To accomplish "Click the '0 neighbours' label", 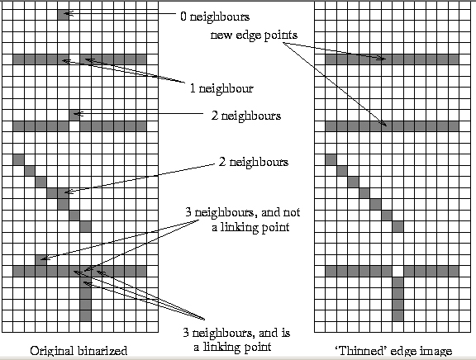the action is click(215, 17).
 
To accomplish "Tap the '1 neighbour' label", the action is click(221, 88).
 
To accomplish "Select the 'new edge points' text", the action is click(254, 36).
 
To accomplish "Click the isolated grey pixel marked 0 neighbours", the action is click(63, 15).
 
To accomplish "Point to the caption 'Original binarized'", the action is click(79, 351).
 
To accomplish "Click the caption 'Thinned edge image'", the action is click(393, 351).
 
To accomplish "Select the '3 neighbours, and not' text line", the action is click(243, 212).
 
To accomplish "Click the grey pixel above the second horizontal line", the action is click(74, 116).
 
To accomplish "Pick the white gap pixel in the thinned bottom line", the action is click(397, 271).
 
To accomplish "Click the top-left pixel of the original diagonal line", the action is click(18, 160).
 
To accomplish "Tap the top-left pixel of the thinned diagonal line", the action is click(331, 160).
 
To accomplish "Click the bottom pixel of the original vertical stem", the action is click(86, 315).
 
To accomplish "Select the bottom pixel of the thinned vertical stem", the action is click(397, 315).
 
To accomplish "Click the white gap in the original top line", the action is click(74, 59).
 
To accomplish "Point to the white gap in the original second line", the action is click(74, 126).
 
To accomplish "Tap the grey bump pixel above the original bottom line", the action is click(40, 260).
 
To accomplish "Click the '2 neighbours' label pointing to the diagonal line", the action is click(254, 162).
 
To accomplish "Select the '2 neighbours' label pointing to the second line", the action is click(246, 116).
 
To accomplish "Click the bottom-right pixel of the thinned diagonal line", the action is click(397, 226).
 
